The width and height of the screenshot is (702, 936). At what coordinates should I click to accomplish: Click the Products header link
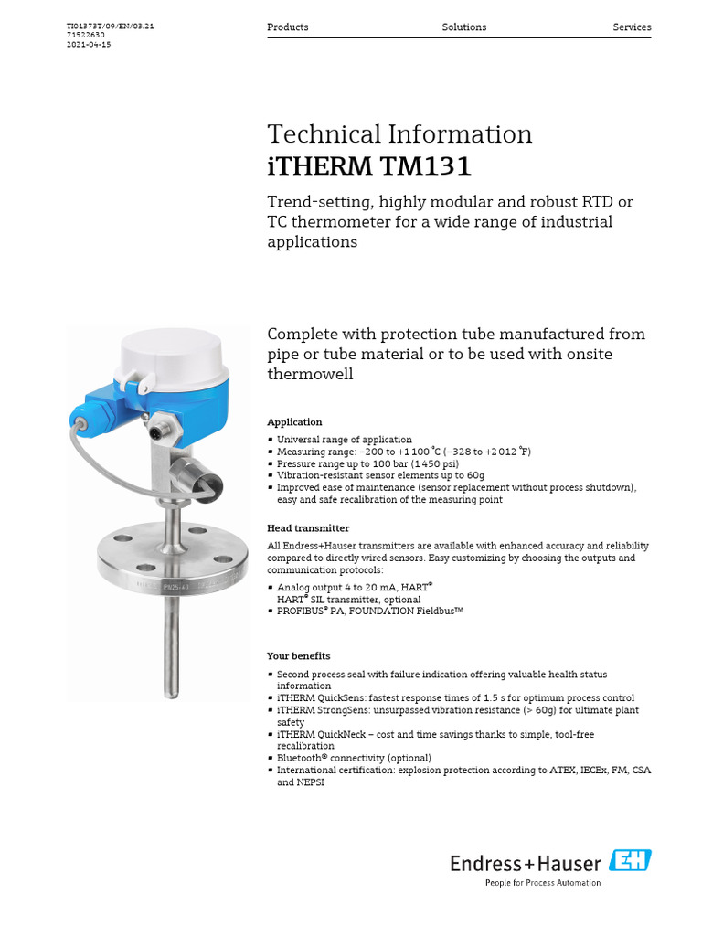pos(287,27)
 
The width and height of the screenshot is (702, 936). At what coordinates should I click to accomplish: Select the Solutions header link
pos(464,27)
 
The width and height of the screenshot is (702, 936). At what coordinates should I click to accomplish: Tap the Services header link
pos(632,27)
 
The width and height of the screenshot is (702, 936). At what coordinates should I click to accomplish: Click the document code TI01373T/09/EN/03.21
pos(111,27)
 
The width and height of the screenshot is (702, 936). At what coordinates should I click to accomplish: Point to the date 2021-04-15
pos(89,45)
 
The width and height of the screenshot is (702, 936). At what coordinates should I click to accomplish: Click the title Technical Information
pos(399,134)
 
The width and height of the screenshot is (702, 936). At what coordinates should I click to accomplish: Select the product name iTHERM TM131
pos(369,166)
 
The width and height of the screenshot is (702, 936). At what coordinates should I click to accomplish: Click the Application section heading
pos(294,422)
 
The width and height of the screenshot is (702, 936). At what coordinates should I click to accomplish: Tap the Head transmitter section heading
pos(308,528)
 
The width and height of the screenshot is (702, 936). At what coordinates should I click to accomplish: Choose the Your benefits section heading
pos(299,656)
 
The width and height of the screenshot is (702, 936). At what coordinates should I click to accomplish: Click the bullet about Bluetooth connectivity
pos(354,758)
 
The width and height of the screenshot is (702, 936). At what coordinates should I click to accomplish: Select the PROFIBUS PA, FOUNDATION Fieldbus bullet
pos(370,611)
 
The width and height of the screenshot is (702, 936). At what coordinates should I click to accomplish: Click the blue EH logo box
pos(630,860)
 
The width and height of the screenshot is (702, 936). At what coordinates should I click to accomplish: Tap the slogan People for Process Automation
pos(542,883)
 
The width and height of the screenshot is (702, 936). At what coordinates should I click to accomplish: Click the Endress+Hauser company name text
pos(526,862)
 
